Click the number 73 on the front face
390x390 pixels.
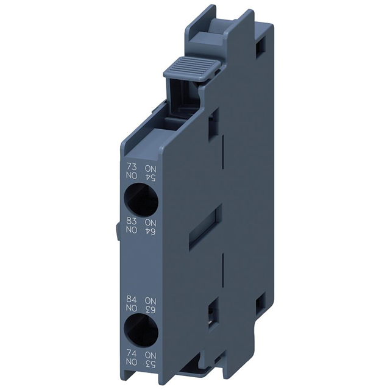pyautogui.click(x=130, y=167)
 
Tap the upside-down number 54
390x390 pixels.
pyautogui.click(x=149, y=177)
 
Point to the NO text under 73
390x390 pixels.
pyautogui.click(x=130, y=177)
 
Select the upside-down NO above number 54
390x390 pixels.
pyautogui.click(x=149, y=167)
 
